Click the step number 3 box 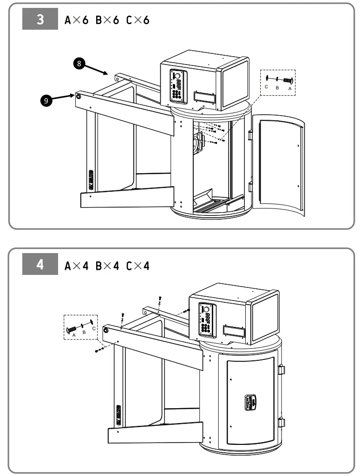tap(40, 20)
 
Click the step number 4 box tap(40, 265)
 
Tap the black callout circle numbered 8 tap(79, 64)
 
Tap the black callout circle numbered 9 tap(46, 100)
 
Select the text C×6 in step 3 tap(137, 20)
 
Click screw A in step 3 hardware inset tap(288, 80)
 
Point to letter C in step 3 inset tap(266, 87)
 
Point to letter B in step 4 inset tap(84, 333)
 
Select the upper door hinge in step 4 tap(281, 370)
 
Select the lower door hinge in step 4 tap(281, 423)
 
